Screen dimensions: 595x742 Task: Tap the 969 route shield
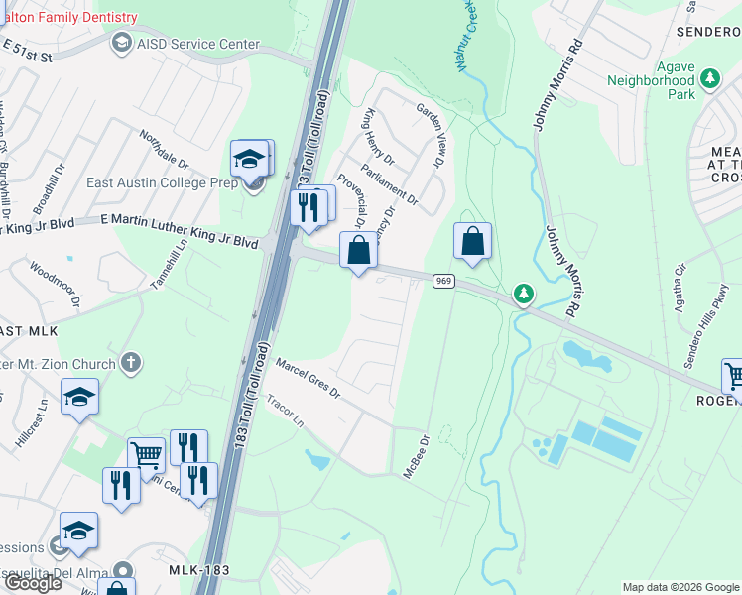[x=443, y=283]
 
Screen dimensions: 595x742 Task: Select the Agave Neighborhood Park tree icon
[x=709, y=78]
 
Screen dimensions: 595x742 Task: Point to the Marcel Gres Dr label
[x=308, y=379]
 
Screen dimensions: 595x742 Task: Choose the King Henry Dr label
[x=379, y=137]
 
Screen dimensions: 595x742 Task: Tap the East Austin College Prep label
[x=147, y=182]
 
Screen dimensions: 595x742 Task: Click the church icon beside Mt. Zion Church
[x=130, y=364]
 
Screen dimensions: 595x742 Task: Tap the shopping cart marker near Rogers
[x=734, y=375]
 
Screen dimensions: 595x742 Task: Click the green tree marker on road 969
[x=524, y=294]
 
